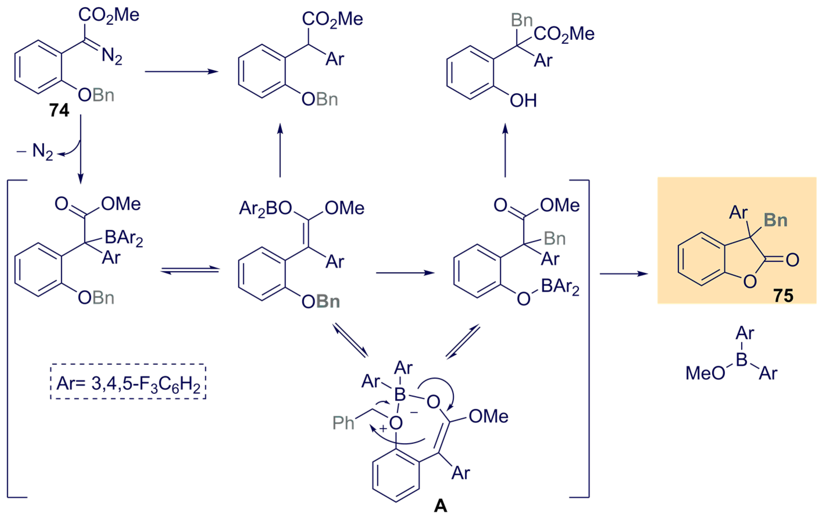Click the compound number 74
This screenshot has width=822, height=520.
[59, 110]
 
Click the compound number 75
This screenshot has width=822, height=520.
[783, 295]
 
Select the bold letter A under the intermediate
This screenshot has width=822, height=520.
[440, 506]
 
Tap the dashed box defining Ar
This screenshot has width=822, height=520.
[128, 381]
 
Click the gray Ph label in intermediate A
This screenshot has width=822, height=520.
[343, 423]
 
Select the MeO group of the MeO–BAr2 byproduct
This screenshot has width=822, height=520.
[705, 373]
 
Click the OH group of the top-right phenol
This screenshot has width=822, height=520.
[523, 101]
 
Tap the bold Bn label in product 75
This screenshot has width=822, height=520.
[775, 220]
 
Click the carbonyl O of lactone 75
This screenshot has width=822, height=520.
[793, 260]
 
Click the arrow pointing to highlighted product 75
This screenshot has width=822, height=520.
[623, 274]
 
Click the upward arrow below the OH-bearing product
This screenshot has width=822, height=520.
[505, 150]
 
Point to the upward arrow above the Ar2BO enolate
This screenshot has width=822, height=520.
[280, 150]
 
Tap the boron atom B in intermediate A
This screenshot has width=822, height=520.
[400, 395]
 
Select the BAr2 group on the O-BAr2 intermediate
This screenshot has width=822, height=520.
[560, 287]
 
